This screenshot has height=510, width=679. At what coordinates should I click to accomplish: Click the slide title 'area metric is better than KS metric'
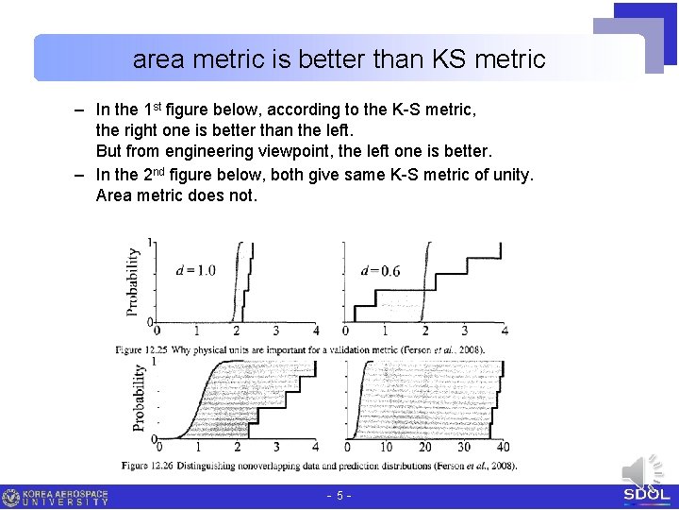(x=339, y=59)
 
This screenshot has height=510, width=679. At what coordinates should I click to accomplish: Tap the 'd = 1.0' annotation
(x=195, y=270)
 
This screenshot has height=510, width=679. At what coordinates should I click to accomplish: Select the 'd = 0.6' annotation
(x=380, y=271)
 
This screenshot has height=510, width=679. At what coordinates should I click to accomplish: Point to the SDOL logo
(x=647, y=495)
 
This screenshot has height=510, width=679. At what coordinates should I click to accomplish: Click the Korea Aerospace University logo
(x=56, y=498)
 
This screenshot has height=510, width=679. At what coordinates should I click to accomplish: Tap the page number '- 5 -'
(x=339, y=496)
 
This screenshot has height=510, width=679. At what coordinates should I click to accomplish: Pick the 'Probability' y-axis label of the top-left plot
(x=134, y=280)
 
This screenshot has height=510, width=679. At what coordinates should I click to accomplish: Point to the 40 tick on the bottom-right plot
(x=503, y=447)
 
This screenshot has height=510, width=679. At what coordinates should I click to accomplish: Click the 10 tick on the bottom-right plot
(x=386, y=447)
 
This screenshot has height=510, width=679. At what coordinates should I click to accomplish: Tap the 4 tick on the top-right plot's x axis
(x=505, y=331)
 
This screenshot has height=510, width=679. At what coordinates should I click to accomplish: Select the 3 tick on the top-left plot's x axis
(x=275, y=331)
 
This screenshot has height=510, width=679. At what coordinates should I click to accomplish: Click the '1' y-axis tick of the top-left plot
(x=150, y=244)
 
